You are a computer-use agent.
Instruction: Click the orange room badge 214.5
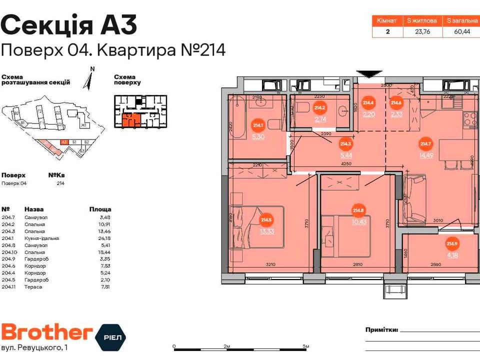266,219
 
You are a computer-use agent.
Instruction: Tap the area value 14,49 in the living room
426,155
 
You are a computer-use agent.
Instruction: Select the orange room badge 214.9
452,244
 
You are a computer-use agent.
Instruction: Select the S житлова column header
422,20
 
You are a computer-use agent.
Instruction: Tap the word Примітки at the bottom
382,330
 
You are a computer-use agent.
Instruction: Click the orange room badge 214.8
358,210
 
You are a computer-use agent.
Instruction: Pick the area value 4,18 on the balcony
452,255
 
